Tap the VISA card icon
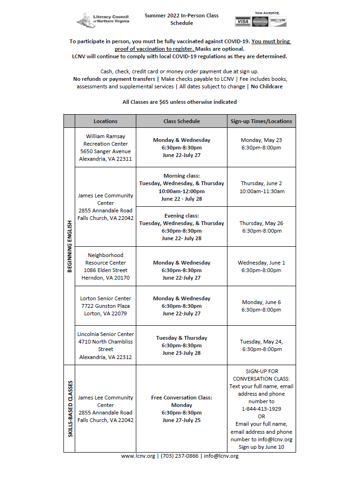point(243,22)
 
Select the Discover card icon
point(278,22)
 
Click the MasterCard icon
point(260,22)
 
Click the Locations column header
point(105,121)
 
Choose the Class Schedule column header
point(181,121)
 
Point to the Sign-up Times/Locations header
point(261,121)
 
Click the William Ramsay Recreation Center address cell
point(105,148)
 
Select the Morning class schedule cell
point(181,187)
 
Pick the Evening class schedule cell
point(181,227)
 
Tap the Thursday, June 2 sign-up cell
point(261,187)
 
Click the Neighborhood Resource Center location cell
point(105,266)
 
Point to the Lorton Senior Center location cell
point(105,306)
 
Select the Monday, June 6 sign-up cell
point(261,306)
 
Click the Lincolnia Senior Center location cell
point(105,345)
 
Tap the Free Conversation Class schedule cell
point(181,409)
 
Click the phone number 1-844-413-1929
point(261,409)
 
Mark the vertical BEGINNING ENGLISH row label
point(70,246)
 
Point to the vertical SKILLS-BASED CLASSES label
point(70,409)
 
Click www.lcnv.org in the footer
point(138,456)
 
